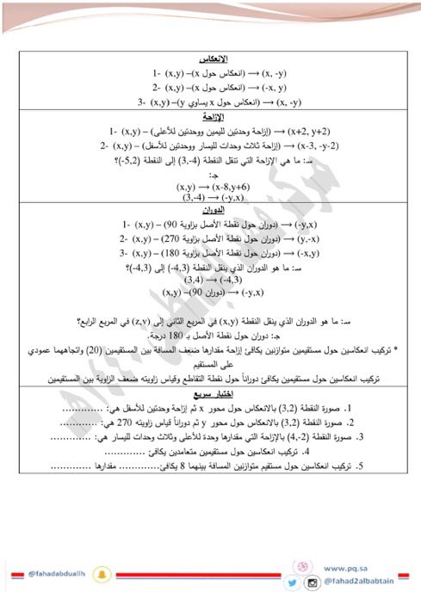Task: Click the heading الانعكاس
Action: [x=212, y=60]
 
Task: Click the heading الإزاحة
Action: [x=212, y=115]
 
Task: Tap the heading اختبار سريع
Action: [x=212, y=393]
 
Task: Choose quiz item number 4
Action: [x=306, y=452]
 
